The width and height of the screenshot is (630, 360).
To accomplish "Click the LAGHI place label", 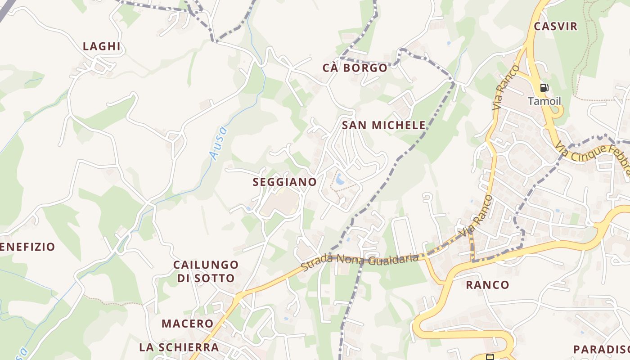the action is coord(102,46).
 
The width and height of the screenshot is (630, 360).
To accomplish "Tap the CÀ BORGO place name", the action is coord(355,68).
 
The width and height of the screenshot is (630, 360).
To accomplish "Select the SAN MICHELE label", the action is coord(384,125).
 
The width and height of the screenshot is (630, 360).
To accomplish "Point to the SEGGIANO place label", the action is coord(285,182).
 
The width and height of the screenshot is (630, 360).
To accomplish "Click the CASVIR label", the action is coord(555,27).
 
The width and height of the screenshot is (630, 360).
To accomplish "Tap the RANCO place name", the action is coord(487,285).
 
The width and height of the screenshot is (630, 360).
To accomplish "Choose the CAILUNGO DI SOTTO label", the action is coord(206,271).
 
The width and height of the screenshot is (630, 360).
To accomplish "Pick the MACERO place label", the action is coord(187,324).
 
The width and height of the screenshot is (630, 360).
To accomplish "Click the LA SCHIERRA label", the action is coord(179,347).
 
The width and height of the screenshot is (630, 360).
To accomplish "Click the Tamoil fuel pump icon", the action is coord(544,88).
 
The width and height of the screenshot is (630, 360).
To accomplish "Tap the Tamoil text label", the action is coord(544,101).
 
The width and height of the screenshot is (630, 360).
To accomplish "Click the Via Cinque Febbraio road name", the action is coord(592,157).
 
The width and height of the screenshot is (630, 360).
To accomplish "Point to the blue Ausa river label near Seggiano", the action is coord(219,143).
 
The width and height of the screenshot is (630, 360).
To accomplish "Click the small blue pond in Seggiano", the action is coord(340,180).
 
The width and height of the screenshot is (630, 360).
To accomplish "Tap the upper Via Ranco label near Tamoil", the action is coord(505,88).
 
